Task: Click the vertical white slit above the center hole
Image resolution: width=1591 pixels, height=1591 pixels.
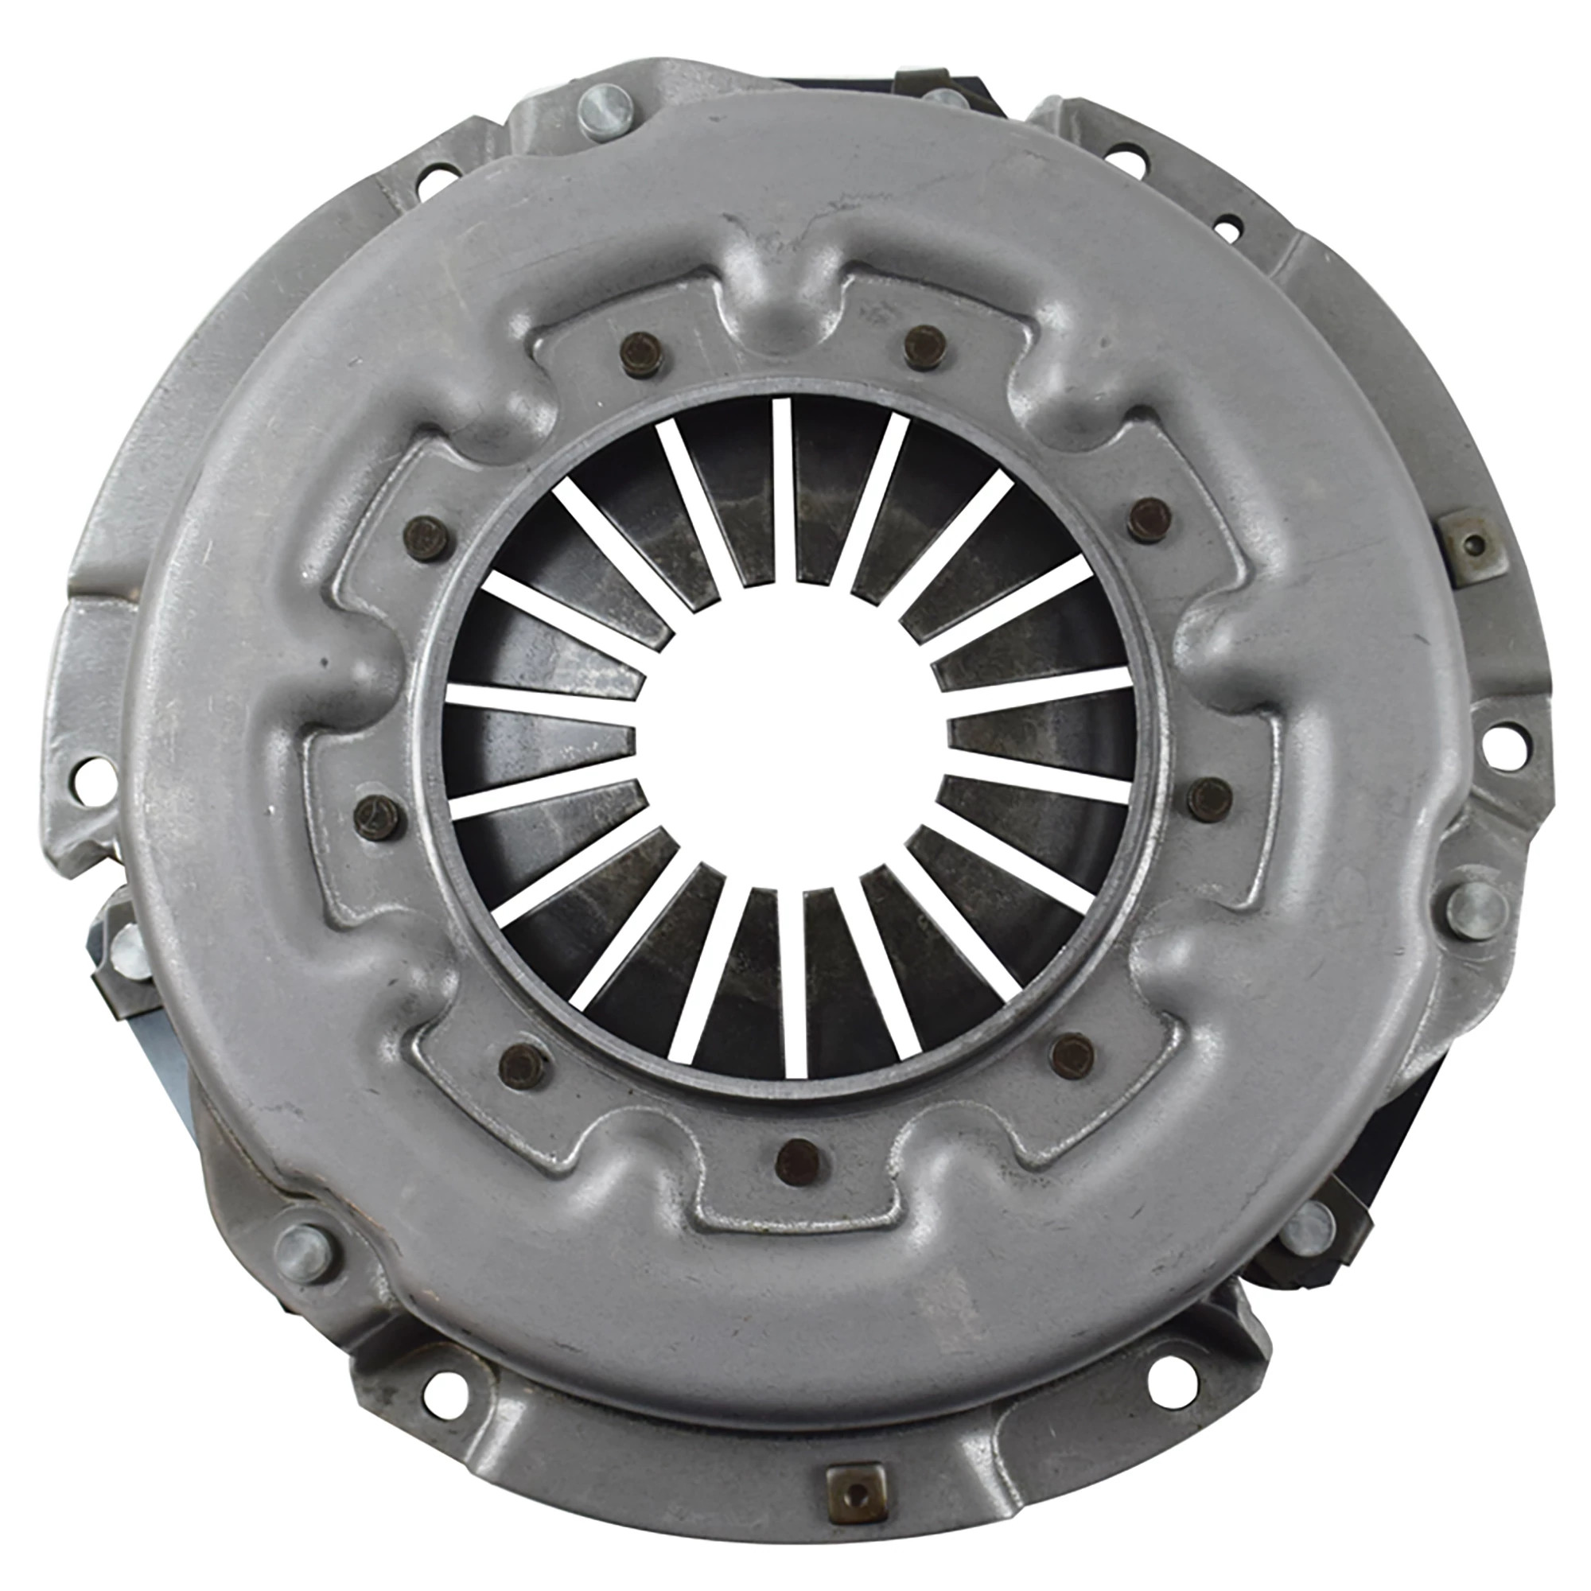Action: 782,490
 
